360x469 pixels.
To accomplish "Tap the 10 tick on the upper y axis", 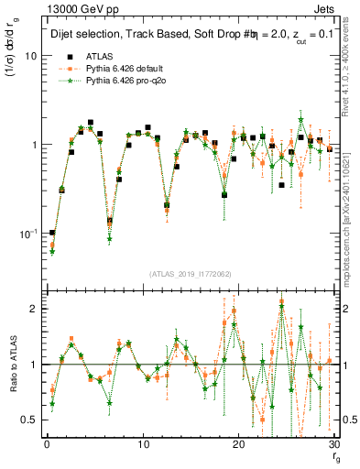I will [30, 56].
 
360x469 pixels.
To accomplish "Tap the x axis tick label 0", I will [47, 445].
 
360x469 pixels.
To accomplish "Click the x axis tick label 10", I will [143, 445].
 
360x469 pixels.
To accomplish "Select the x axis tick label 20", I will [239, 445].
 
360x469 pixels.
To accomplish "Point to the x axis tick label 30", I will [334, 445].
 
